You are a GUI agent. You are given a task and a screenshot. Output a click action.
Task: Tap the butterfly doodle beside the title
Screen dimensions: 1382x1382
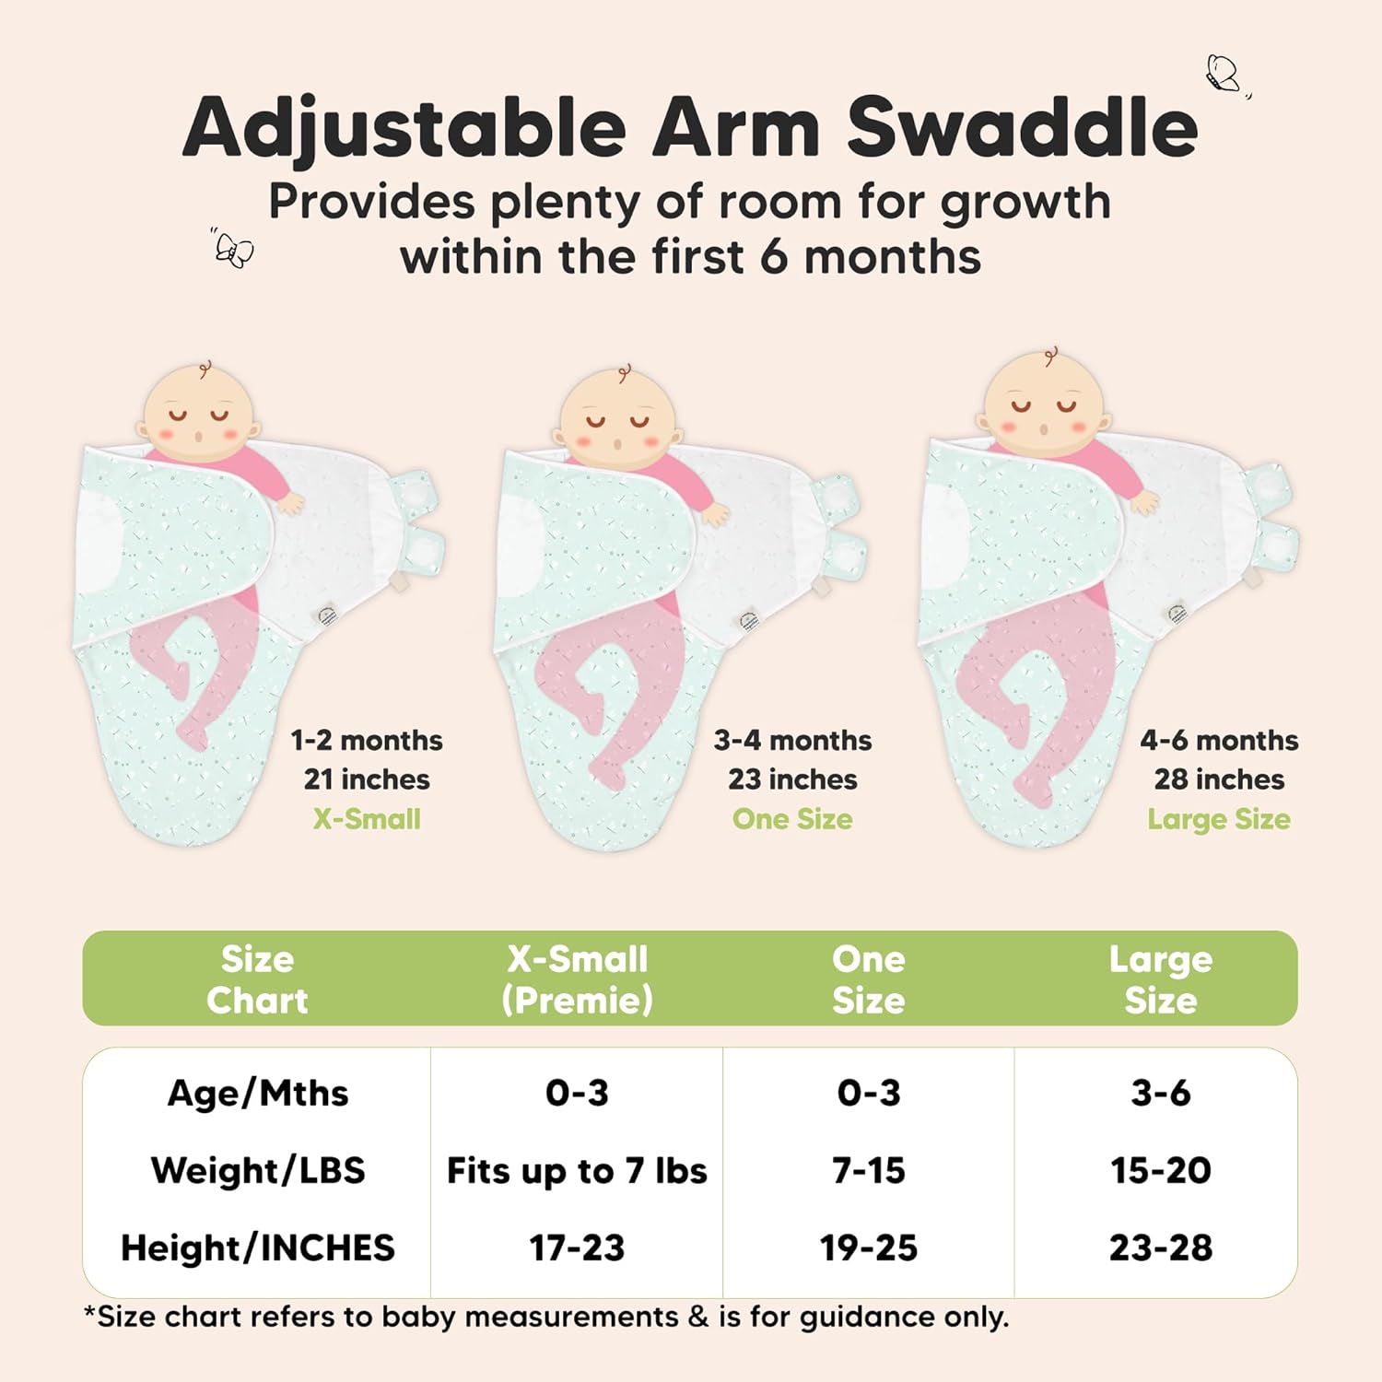pos(1224,74)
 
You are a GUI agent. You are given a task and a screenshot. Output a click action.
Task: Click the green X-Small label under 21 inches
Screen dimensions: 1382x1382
pos(367,819)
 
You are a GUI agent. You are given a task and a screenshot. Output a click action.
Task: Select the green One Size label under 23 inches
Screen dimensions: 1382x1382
pos(792,819)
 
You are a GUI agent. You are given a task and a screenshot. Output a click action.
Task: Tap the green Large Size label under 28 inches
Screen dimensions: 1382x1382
pos(1218,819)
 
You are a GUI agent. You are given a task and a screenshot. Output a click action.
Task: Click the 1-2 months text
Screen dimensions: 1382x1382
pos(367,740)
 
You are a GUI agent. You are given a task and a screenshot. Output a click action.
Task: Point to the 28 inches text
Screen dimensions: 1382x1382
pos(1219,779)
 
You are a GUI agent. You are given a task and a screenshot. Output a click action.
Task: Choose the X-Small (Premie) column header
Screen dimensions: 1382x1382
pos(578,979)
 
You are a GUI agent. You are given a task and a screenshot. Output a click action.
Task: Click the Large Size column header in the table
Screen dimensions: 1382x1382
pos(1161,979)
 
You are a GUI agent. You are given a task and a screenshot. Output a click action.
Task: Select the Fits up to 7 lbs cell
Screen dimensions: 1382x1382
pos(577,1171)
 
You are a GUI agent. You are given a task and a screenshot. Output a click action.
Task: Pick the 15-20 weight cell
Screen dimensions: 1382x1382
pos(1161,1171)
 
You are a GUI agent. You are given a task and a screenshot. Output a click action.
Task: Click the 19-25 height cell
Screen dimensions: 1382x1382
pos(869,1248)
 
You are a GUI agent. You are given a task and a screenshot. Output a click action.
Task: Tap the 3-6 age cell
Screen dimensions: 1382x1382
pos(1161,1094)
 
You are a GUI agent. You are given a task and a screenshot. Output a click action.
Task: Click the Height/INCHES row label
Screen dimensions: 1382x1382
pos(258,1248)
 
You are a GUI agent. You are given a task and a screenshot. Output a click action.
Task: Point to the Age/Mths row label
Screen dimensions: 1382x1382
pos(258,1094)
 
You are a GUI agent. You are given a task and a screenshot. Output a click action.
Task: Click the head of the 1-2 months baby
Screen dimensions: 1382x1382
pos(197,415)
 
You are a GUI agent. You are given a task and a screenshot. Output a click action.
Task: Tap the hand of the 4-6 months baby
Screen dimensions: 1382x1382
pos(1145,502)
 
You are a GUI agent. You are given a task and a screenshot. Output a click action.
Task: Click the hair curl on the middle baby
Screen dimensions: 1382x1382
pos(625,372)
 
